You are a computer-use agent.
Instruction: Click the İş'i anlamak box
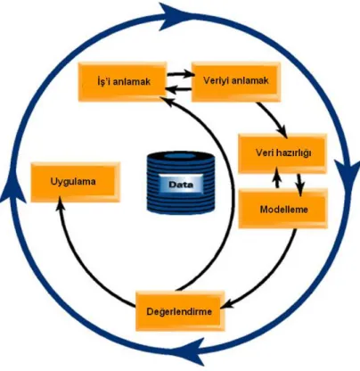pyautogui.click(x=122, y=81)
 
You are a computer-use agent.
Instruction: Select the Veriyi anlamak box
pyautogui.click(x=236, y=81)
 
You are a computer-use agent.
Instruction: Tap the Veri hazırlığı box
pyautogui.click(x=282, y=153)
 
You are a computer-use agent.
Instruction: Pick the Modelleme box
pyautogui.click(x=283, y=209)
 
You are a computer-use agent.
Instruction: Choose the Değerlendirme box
pyautogui.click(x=180, y=311)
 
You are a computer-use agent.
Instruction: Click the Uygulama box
pyautogui.click(x=76, y=182)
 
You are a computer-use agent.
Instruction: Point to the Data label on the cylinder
pyautogui.click(x=181, y=185)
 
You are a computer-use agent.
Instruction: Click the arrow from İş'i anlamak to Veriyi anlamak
pyautogui.click(x=181, y=73)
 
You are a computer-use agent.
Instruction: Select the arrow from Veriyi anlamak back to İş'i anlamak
pyautogui.click(x=179, y=89)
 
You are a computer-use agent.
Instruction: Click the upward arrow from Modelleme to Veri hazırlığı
pyautogui.click(x=277, y=177)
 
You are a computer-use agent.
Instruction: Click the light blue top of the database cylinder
pyautogui.click(x=180, y=156)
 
